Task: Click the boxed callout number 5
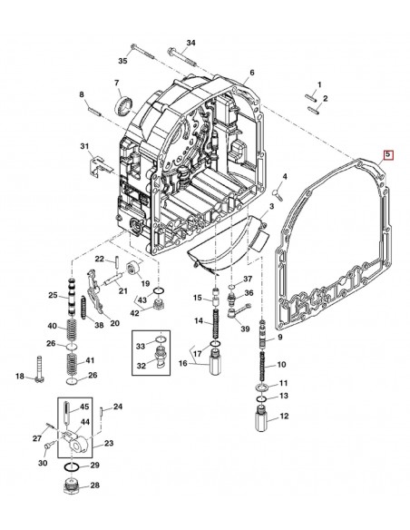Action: tap(388, 156)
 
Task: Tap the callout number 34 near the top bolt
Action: tap(190, 44)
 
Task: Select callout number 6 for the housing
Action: tap(252, 73)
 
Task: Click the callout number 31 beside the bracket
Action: tap(84, 147)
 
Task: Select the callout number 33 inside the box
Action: tap(139, 346)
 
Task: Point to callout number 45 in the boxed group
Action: tap(85, 407)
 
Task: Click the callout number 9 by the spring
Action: tap(279, 338)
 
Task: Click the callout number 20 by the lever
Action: tap(114, 323)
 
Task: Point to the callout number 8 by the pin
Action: tap(81, 94)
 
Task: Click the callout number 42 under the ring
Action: tap(134, 313)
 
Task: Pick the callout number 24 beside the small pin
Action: tap(117, 407)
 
